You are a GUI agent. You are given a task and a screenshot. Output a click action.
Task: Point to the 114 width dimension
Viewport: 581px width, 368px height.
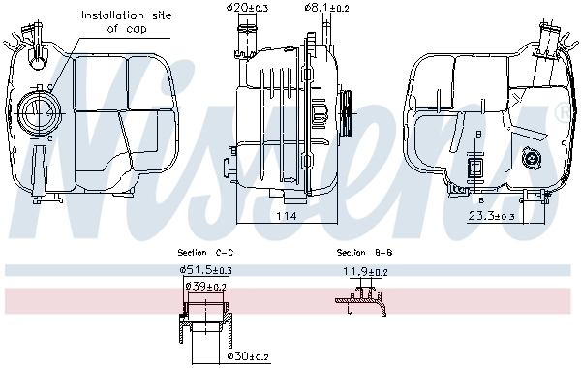284,216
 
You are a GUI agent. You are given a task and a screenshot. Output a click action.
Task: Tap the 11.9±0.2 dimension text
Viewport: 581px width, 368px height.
366,273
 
